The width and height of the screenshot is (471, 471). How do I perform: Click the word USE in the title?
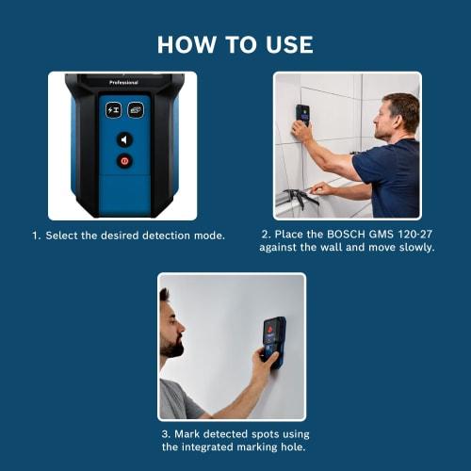tap(287, 44)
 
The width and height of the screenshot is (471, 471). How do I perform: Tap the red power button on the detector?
tap(123, 161)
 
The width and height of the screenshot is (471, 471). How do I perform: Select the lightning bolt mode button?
tap(112, 109)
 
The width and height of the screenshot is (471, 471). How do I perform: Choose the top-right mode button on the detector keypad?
tap(136, 109)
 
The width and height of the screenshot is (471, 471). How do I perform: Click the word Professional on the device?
tap(123, 82)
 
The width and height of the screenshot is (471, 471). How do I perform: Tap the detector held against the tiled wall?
tap(301, 116)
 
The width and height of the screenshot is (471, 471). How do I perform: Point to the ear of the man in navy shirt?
tap(393, 115)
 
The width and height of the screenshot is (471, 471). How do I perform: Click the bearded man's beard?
tap(172, 346)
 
